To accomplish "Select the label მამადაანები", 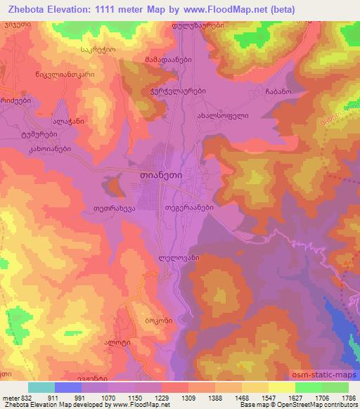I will click(x=165, y=60).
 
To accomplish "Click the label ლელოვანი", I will click(x=179, y=258).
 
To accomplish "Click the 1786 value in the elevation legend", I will click(x=342, y=397).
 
